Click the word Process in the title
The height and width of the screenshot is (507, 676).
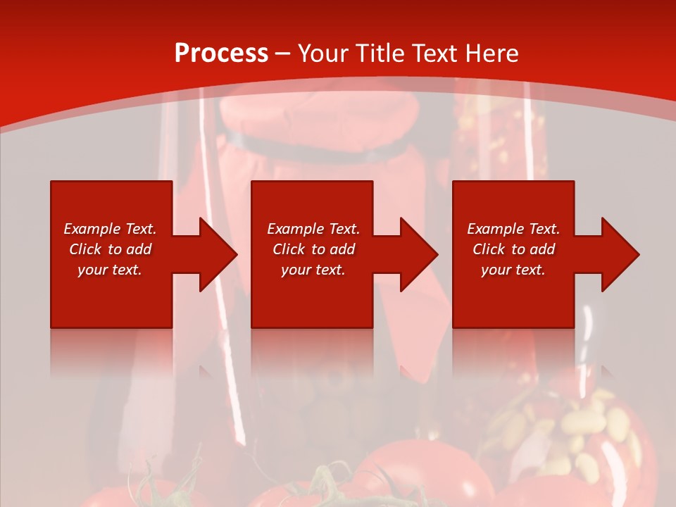click(x=221, y=54)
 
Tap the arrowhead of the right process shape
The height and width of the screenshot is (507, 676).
click(x=619, y=254)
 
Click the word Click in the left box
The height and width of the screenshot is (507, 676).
click(x=86, y=249)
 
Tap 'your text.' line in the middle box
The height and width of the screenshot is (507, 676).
click(x=313, y=270)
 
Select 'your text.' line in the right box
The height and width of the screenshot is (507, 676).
click(x=513, y=270)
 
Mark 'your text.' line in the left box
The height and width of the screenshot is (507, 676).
click(x=110, y=270)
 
